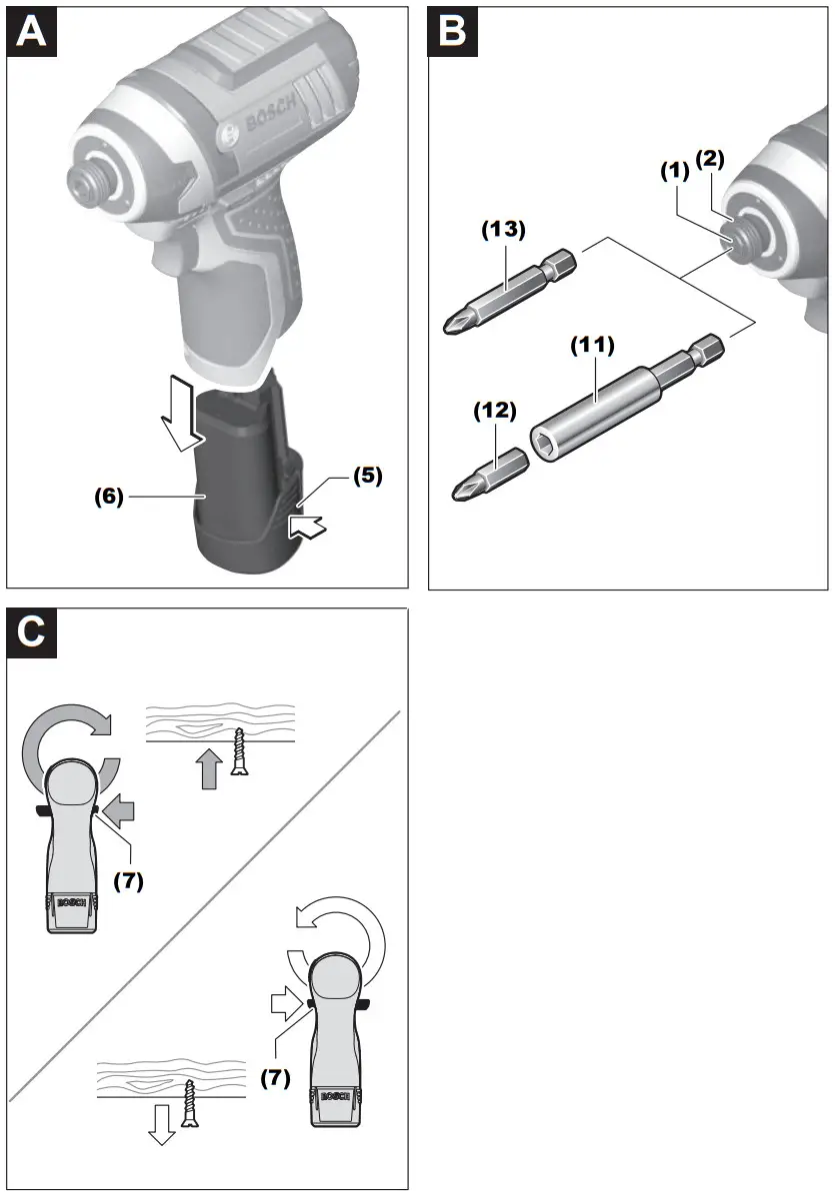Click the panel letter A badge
coord(34,34)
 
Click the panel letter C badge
coord(34,633)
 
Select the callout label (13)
coord(503,229)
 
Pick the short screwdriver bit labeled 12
coord(491,473)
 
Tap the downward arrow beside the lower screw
coord(160,1123)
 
